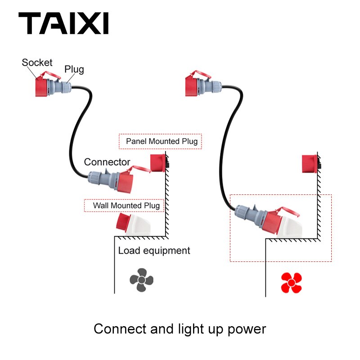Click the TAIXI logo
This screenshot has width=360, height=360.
point(63,24)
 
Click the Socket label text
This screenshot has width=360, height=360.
point(37,63)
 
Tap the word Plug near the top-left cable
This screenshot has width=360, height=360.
point(74,69)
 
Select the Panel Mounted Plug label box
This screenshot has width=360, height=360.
point(161,141)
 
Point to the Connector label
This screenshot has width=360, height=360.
point(107,162)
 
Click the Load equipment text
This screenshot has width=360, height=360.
point(154,251)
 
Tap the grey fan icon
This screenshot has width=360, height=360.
point(142,280)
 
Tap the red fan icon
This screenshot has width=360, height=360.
point(291,282)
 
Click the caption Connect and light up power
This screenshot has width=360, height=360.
point(180,329)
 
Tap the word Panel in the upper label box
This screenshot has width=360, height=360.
point(136,141)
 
